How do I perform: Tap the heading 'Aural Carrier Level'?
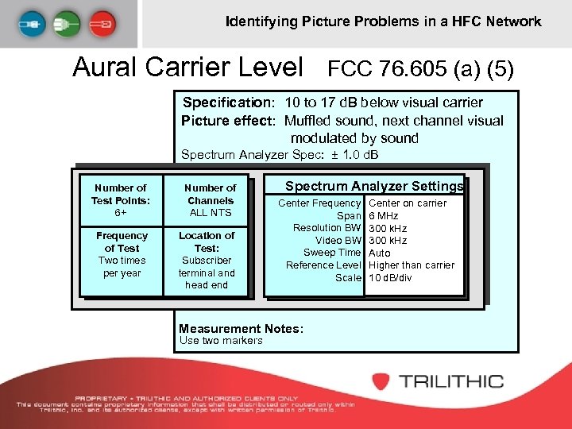pyautogui.click(x=187, y=67)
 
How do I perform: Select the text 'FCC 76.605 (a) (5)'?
pyautogui.click(x=421, y=69)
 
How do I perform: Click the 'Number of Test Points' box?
pyautogui.click(x=120, y=200)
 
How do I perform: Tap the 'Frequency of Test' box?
pyautogui.click(x=122, y=254)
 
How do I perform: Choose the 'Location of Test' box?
pyautogui.click(x=207, y=260)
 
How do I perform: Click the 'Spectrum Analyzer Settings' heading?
pyautogui.click(x=373, y=187)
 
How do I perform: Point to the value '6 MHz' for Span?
pyautogui.click(x=384, y=216)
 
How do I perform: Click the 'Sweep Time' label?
pyautogui.click(x=333, y=253)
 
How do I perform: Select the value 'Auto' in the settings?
pyautogui.click(x=380, y=253)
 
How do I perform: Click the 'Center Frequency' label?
pyautogui.click(x=319, y=203)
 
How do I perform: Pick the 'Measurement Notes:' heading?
pyautogui.click(x=241, y=328)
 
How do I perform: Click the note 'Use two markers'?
pyautogui.click(x=221, y=341)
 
